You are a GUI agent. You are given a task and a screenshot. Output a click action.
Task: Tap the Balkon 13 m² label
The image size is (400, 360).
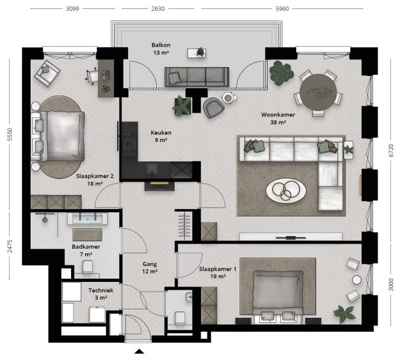[x=161, y=49]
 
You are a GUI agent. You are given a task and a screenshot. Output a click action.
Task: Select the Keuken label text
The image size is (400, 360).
[x=161, y=132]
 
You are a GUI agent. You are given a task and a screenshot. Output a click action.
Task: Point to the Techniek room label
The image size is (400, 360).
[x=101, y=290]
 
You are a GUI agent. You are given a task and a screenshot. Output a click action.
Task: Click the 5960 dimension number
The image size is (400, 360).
[x=282, y=9]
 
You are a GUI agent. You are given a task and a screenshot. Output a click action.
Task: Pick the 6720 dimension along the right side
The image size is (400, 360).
[x=391, y=150]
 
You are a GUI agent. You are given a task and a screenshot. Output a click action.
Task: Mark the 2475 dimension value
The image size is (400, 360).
[x=10, y=246]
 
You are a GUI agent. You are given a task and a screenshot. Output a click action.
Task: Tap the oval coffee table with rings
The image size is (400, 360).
[x=286, y=191]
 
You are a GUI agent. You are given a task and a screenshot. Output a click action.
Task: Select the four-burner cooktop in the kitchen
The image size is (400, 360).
[x=130, y=145]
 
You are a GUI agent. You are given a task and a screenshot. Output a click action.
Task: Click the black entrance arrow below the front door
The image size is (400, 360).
[x=140, y=351]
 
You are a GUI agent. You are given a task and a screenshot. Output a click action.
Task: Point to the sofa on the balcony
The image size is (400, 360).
[x=196, y=77]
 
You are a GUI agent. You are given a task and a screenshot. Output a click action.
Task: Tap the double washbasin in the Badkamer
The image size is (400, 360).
[x=88, y=219]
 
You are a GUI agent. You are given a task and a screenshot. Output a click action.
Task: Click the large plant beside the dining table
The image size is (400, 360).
[x=281, y=73]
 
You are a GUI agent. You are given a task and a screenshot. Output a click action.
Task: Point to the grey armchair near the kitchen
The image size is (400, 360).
[x=214, y=107]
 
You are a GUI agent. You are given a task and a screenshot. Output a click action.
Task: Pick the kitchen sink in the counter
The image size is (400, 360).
[x=152, y=169]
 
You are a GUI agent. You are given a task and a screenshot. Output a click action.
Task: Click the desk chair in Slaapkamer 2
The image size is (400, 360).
[x=92, y=75]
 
